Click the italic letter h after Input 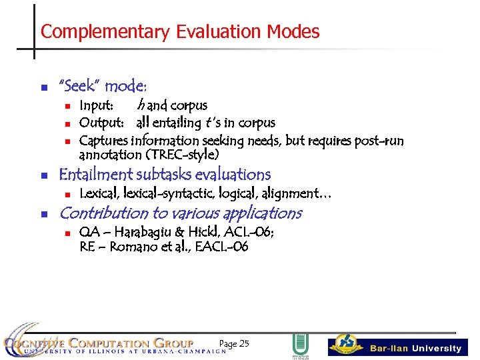coord(141,105)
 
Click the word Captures coord(104,141)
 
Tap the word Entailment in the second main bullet coord(95,175)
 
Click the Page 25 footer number coord(233,344)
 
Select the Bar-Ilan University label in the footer coord(415,348)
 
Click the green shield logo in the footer coord(300,345)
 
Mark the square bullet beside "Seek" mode coord(44,87)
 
